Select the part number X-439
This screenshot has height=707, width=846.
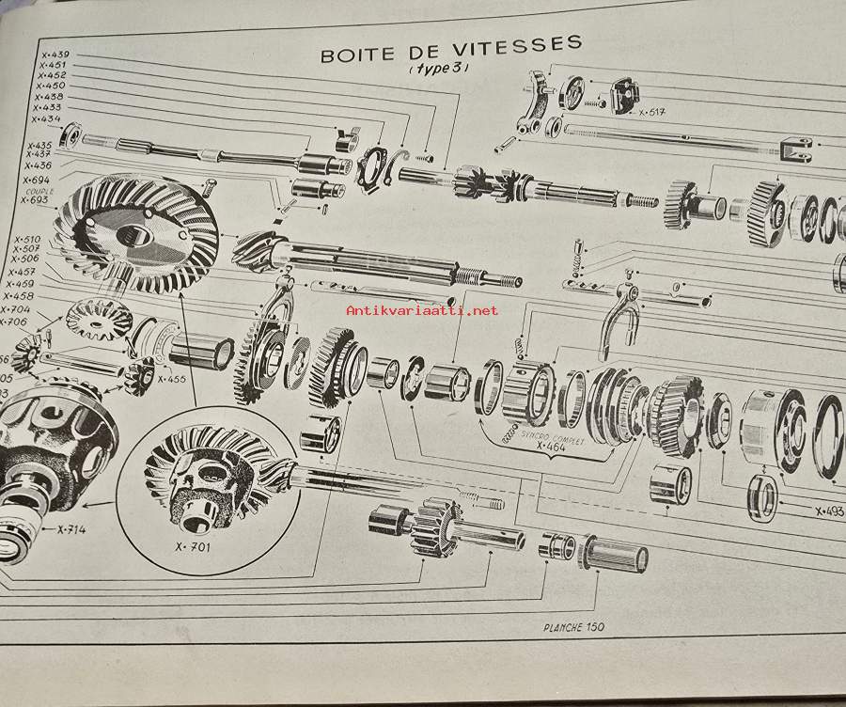[55, 55]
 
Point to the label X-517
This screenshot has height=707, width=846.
[651, 113]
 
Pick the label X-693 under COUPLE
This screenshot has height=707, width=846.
[34, 200]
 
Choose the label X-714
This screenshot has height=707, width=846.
[70, 529]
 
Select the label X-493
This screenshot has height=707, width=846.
[829, 511]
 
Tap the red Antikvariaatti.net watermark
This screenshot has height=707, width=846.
[423, 309]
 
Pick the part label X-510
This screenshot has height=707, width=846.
[27, 239]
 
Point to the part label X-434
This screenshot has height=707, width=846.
[46, 119]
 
